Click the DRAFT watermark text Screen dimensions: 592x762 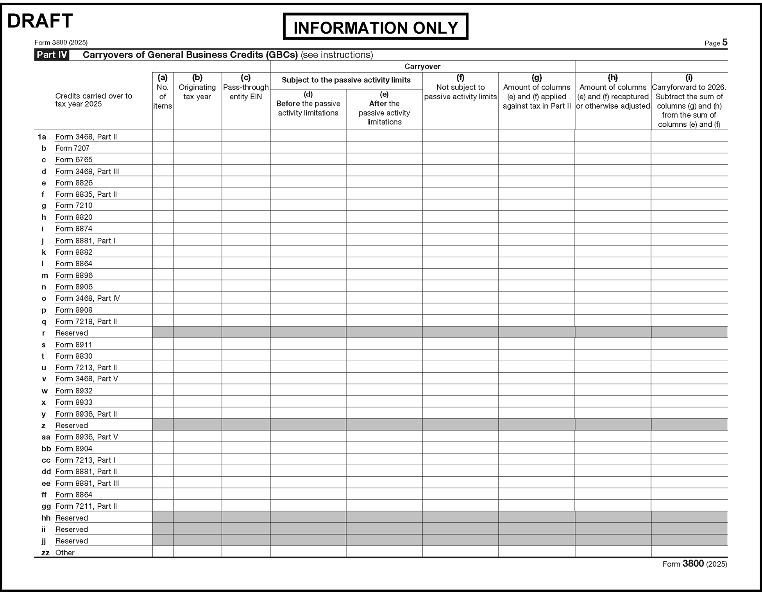[40, 21]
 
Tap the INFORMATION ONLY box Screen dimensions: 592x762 [375, 27]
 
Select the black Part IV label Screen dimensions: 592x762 [52, 55]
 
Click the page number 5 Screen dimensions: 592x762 [725, 42]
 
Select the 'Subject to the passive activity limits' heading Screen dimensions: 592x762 [346, 80]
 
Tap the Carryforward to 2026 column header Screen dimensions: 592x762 [689, 101]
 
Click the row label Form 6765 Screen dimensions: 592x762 [74, 160]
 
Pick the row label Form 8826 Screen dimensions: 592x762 [74, 183]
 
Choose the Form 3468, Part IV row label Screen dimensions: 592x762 [88, 298]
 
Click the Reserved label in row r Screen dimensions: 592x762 [72, 333]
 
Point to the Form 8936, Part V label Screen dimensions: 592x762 [86, 437]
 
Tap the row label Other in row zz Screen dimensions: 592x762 [65, 553]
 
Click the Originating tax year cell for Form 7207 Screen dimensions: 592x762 [197, 148]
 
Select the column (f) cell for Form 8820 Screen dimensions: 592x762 [460, 217]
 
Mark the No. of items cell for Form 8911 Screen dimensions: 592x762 [163, 344]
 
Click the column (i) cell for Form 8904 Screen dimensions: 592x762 [689, 448]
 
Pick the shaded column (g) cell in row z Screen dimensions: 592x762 [537, 425]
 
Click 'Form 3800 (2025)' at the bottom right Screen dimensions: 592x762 [694, 564]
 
